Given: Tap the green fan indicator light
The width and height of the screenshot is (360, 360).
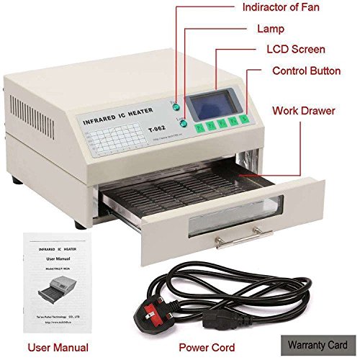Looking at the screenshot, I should (x=175, y=106).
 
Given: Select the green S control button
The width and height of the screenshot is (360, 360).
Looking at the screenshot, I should (x=243, y=120).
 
